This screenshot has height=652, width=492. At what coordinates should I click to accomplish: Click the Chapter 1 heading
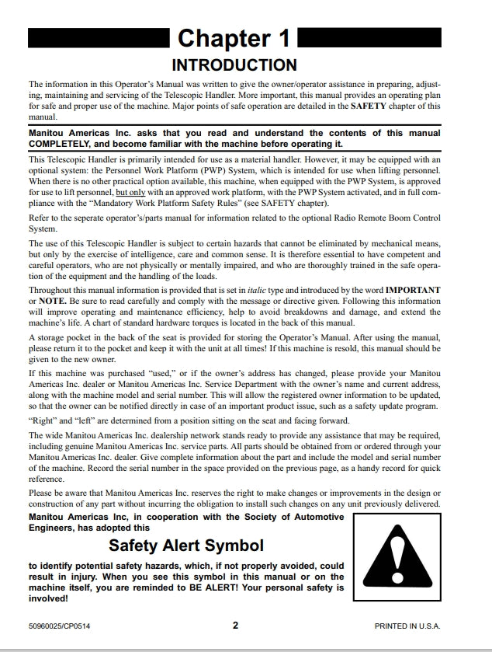[x=234, y=38]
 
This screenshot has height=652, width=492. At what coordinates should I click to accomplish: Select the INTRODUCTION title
[x=234, y=65]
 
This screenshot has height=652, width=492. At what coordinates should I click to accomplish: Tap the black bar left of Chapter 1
[x=99, y=37]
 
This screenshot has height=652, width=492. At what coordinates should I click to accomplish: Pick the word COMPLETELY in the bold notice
[x=64, y=144]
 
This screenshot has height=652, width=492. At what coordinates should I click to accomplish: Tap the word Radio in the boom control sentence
[x=371, y=218]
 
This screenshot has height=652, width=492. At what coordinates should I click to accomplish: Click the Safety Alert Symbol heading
[x=186, y=545]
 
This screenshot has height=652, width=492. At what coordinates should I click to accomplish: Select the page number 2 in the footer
[x=235, y=625]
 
